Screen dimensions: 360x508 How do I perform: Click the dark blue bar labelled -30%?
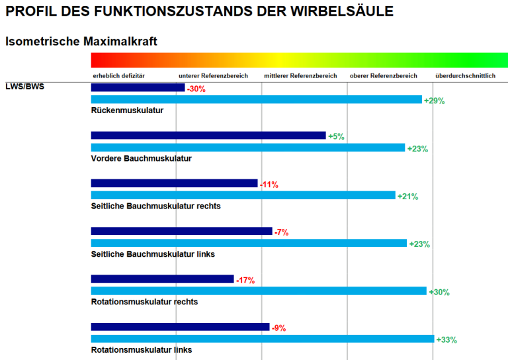[138, 87]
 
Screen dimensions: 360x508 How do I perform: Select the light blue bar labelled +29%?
[256, 100]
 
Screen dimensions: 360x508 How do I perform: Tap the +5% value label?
[336, 136]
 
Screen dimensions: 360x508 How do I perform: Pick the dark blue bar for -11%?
[174, 183]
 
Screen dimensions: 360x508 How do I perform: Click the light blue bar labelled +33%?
[263, 339]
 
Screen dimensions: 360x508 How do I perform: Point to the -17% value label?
[245, 281]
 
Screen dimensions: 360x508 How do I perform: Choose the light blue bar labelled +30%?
[259, 291]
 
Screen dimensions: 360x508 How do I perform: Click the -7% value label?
[282, 232]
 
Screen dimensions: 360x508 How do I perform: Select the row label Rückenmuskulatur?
[127, 111]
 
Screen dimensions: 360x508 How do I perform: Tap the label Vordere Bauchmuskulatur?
[141, 159]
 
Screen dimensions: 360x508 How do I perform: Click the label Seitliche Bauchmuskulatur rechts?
[155, 206]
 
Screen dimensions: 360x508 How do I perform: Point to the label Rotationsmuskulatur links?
[142, 349]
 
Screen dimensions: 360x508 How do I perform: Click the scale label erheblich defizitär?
[118, 76]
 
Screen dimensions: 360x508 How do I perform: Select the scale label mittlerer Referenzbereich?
[300, 76]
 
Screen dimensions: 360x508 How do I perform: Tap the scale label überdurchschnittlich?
[465, 76]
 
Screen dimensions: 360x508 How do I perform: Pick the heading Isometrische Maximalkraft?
[81, 42]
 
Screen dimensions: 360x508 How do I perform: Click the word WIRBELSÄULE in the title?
[344, 11]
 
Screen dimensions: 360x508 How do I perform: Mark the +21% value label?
[407, 197]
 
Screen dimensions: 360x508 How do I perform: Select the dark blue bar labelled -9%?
[180, 327]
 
